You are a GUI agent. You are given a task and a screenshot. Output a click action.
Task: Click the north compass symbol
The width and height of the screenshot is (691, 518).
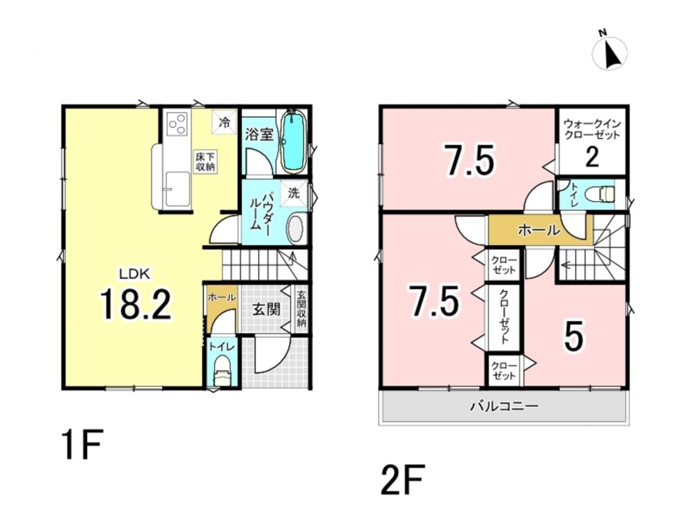tap(610, 52)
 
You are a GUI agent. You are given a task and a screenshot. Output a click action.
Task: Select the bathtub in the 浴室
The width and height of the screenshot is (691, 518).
tap(294, 142)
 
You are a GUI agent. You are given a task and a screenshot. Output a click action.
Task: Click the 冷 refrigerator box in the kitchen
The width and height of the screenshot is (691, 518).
tap(225, 122)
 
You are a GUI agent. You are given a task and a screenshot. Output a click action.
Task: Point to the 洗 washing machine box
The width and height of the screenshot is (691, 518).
tap(294, 193)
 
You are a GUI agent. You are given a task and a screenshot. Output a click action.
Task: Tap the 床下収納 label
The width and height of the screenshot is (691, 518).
tap(205, 162)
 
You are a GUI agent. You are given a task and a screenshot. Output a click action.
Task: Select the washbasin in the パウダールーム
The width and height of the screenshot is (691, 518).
tap(296, 228)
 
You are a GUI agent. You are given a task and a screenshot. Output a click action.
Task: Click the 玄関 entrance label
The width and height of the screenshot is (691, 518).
tap(267, 309)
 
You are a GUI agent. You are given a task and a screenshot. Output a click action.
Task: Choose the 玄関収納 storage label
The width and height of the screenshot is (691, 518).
tap(301, 308)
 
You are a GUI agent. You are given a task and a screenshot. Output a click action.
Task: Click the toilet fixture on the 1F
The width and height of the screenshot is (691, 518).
tap(223, 371)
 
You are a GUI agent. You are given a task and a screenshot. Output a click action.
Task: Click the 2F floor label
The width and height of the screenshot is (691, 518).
tap(402, 479)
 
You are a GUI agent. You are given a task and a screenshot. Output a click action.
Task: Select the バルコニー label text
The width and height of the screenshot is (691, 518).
tap(504, 405)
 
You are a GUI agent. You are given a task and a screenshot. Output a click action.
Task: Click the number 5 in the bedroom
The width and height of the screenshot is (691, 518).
tap(574, 336)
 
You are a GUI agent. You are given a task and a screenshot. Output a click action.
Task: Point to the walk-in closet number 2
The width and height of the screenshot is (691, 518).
tap(592, 157)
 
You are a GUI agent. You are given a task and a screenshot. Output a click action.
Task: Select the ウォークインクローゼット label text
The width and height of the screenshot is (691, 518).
tap(592, 128)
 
